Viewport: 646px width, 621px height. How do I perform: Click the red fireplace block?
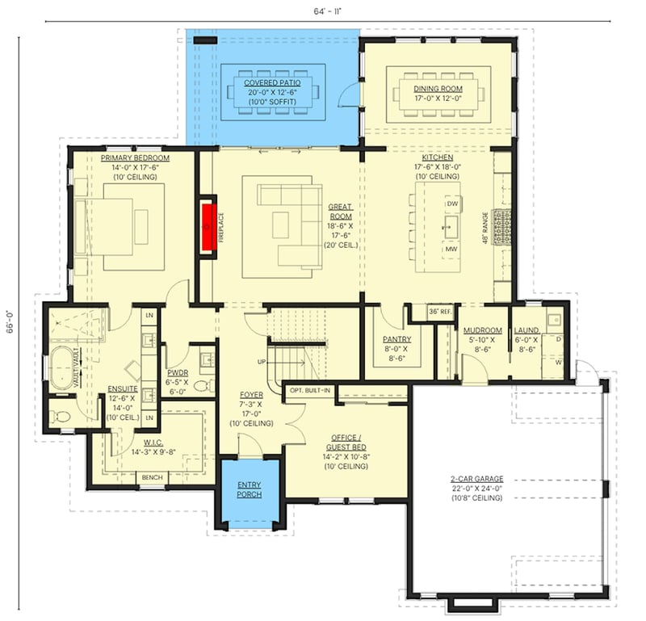coord(211,225)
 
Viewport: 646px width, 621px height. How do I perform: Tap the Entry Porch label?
coord(249,489)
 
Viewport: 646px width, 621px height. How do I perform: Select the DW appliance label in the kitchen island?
coord(452,204)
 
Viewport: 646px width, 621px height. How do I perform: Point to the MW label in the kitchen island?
coord(451,250)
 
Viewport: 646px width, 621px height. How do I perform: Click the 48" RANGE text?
coord(485,229)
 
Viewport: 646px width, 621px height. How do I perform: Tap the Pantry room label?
coord(397,339)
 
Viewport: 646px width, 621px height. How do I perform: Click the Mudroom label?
coord(483,330)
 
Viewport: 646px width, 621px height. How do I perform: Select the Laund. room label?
coord(526,330)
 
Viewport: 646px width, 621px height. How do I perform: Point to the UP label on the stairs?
coord(261,361)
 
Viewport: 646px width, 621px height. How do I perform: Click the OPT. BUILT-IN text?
coord(309,390)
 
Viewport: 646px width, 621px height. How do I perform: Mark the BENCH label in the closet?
coord(152,477)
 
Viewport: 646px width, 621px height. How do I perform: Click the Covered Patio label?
coord(272,82)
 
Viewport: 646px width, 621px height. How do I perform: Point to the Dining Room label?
coord(437,89)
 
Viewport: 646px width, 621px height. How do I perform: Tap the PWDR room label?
coord(176,350)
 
